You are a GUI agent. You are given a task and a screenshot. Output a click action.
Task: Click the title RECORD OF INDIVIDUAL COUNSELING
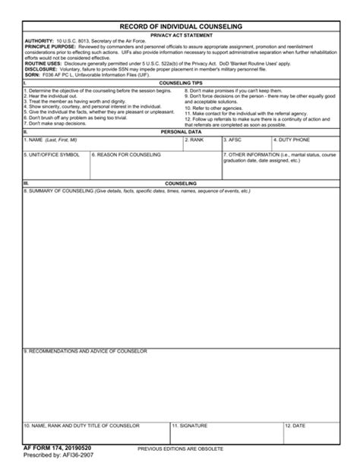coord(181,26)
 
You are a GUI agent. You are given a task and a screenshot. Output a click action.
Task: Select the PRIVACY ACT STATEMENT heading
coord(181,34)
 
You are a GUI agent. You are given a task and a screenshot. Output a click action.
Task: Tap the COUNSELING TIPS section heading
coord(181,82)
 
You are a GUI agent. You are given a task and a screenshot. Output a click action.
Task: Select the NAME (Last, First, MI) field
coord(103,145)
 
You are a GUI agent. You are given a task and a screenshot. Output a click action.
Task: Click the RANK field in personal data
coord(201,145)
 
